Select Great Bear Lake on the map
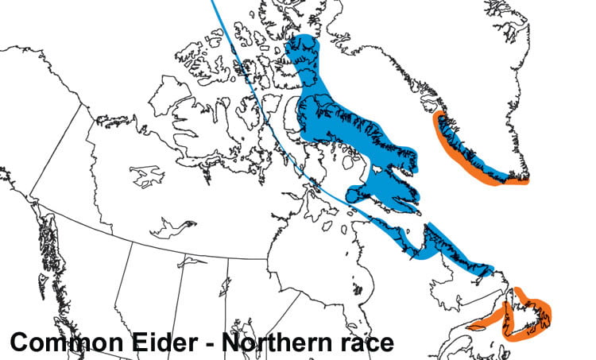click(147, 176)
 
